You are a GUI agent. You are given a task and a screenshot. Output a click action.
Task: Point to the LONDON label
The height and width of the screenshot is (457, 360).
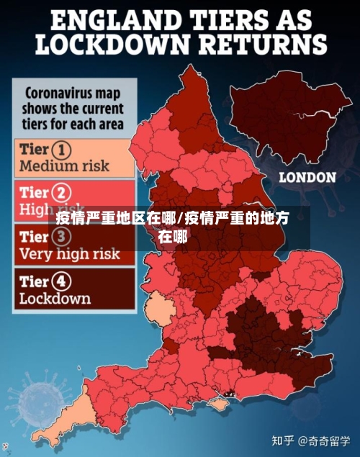coord(307,177)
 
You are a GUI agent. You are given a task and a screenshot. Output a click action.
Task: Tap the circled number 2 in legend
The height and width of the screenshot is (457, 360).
coord(64,192)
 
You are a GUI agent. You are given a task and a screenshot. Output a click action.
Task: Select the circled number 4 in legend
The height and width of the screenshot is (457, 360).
coord(64,281)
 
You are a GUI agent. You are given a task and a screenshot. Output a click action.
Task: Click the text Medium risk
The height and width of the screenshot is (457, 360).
coord(64,166)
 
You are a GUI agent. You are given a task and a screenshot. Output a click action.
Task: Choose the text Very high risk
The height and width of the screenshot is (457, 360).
coord(69,254)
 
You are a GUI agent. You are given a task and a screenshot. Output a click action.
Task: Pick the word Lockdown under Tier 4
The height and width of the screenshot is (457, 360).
coord(55,298)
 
